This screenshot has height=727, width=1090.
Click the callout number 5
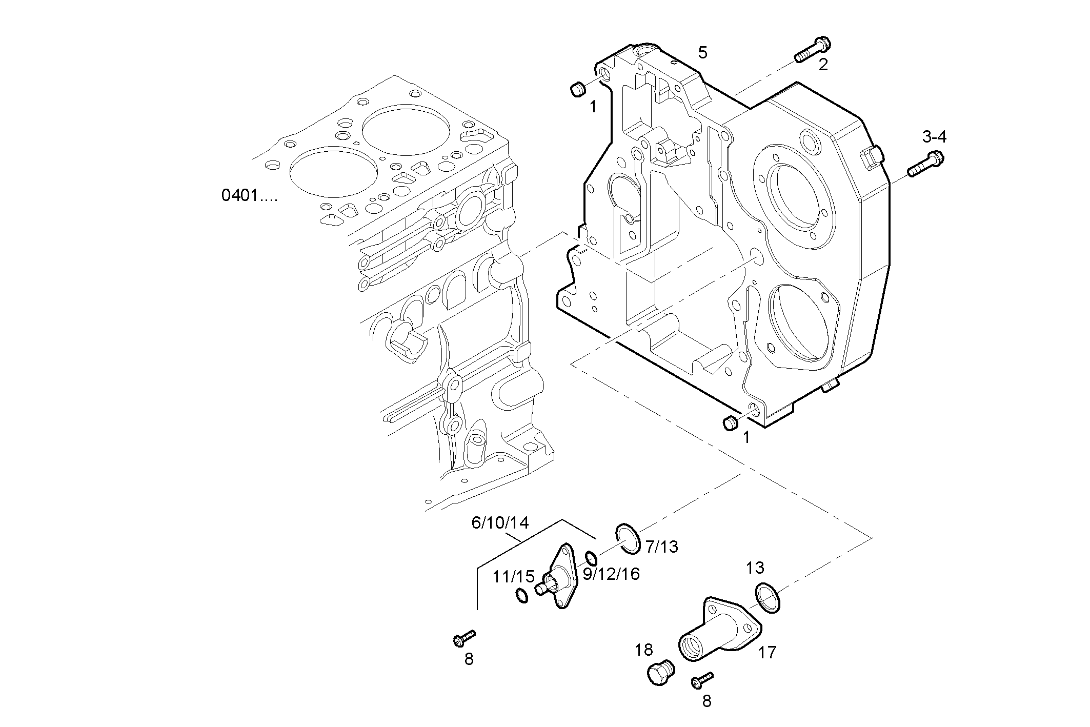(x=702, y=52)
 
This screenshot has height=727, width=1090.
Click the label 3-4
(x=934, y=137)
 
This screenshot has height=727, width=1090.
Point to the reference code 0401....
(x=249, y=195)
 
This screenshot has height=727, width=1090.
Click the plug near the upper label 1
(x=578, y=89)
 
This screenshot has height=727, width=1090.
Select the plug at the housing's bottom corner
(x=730, y=423)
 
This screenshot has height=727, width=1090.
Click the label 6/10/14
(x=499, y=523)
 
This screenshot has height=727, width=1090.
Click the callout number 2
(x=823, y=65)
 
